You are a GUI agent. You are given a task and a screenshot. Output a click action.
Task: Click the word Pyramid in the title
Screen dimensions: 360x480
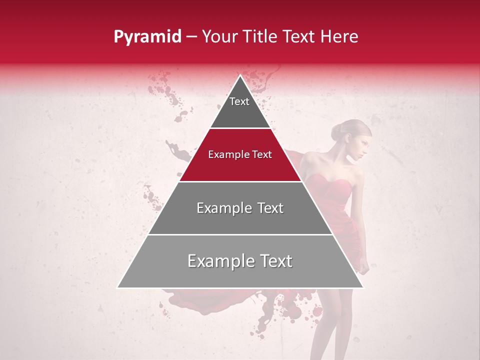[147, 37]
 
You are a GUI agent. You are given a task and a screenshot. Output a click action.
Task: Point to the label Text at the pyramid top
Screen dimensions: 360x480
[239, 101]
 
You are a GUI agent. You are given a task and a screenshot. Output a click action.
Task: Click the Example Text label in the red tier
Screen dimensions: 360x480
[240, 154]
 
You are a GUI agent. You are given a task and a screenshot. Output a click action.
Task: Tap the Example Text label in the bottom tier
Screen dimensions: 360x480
[240, 261]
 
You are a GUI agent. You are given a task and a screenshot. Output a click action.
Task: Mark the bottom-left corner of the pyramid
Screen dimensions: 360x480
[118, 287]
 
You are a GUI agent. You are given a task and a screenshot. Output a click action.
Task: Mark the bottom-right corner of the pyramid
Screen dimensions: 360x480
[363, 287]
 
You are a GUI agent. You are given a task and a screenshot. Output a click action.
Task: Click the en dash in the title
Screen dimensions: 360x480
[192, 37]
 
